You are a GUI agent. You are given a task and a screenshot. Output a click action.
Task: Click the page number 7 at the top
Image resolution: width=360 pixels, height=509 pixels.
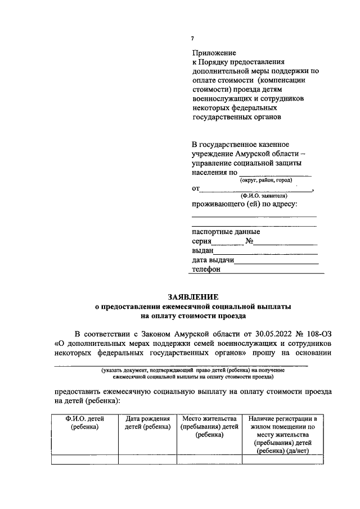click(x=192, y=38)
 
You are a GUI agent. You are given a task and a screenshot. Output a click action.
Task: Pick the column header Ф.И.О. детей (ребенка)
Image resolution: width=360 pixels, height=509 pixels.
click(x=85, y=423)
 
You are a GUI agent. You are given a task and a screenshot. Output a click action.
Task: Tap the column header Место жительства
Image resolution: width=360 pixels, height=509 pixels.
click(x=209, y=419)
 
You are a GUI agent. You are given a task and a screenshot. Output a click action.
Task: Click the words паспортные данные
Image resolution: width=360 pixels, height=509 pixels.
click(x=226, y=231)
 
